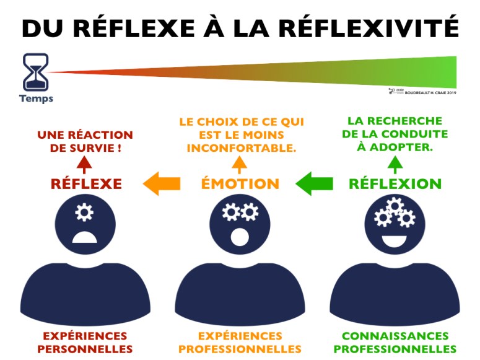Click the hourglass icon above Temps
click(35, 72)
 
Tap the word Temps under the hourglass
click(36, 99)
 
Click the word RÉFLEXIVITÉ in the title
click(369, 28)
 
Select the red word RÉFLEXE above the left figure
click(86, 184)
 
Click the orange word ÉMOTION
click(240, 184)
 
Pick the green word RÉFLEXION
click(395, 184)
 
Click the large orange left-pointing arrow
click(161, 183)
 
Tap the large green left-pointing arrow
click(314, 183)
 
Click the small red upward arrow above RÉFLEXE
click(84, 165)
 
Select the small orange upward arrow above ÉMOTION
click(240, 165)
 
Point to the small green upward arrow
click(395, 165)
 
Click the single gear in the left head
click(84, 213)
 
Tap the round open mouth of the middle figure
click(240, 237)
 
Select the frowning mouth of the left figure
click(84, 237)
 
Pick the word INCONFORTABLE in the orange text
click(242, 148)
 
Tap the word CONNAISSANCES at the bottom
click(395, 336)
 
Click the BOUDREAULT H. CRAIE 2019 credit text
click(430, 92)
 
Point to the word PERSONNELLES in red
click(85, 349)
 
